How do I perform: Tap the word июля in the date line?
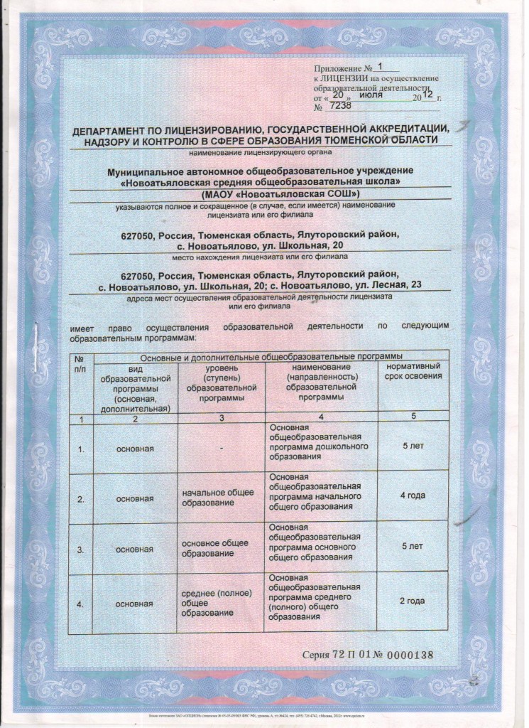[372, 93]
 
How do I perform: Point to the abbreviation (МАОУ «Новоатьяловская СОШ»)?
[280, 193]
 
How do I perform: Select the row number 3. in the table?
[81, 550]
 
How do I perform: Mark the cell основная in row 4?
[135, 604]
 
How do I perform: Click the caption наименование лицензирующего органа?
[260, 153]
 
